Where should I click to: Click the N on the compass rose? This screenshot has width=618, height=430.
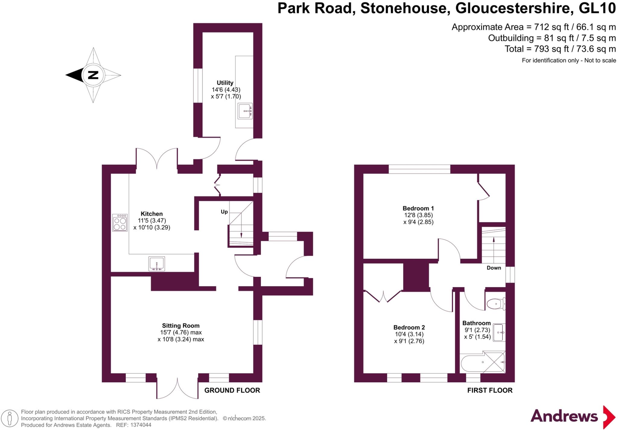click(93, 75)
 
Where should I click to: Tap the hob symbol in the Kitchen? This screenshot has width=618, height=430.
click(120, 223)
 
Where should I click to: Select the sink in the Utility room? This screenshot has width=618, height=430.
click(245, 111)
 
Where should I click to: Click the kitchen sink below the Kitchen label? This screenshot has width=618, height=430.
click(157, 264)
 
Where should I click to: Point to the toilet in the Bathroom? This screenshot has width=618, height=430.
click(496, 304)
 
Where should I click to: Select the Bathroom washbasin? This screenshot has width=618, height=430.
click(499, 333)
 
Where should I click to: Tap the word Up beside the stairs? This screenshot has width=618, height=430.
click(224, 212)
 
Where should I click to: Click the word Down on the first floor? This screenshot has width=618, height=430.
click(494, 268)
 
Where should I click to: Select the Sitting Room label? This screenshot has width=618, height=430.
click(181, 326)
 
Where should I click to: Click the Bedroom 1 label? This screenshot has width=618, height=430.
click(418, 208)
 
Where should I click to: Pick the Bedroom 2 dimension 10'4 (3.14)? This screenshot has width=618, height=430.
click(409, 334)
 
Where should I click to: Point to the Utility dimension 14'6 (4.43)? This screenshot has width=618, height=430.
click(226, 90)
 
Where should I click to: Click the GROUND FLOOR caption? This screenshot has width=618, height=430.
click(232, 390)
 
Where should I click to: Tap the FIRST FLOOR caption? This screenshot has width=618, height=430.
click(490, 390)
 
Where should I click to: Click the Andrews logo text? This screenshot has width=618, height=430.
click(564, 416)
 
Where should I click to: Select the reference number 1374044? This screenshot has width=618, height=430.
click(141, 425)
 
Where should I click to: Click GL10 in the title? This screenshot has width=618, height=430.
click(597, 8)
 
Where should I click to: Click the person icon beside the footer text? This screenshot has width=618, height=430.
click(10, 419)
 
